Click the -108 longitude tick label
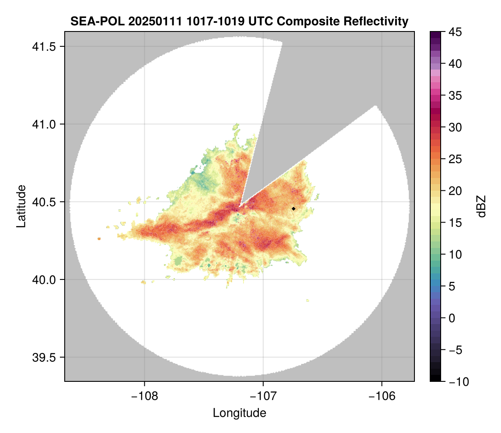[x=144, y=396]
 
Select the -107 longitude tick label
[x=263, y=396]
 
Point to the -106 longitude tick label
[x=382, y=396]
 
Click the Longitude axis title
[x=240, y=413]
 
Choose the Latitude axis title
[x=21, y=206]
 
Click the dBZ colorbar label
[x=481, y=206]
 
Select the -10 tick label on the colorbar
[x=458, y=382]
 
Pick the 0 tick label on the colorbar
[x=452, y=318]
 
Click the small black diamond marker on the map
[x=294, y=209]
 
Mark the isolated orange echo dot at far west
[x=99, y=239]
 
